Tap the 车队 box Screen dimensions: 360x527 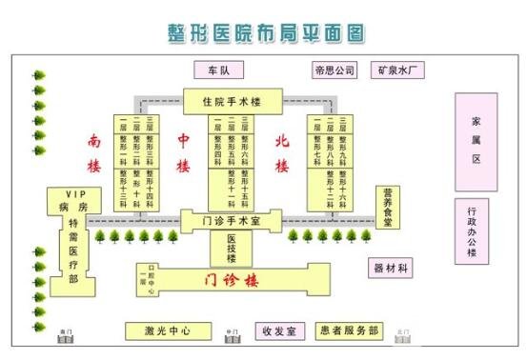218,70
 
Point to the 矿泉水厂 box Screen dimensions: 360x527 399,70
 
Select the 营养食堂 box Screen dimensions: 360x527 387,207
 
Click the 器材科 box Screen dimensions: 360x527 391,269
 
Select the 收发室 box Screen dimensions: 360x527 279,331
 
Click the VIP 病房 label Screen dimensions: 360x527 72,200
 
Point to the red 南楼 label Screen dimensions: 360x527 93,152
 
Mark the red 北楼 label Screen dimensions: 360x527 281,152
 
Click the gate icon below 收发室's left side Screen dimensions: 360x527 230,336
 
